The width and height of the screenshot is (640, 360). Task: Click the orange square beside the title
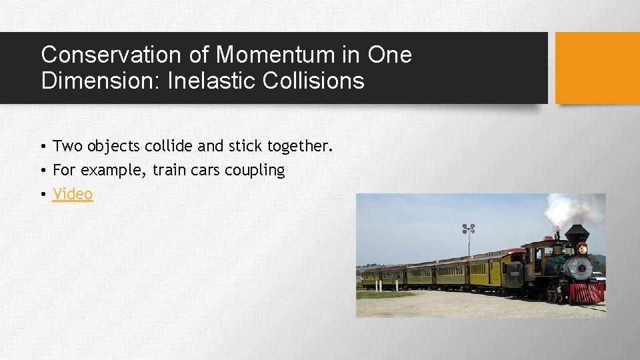(x=597, y=68)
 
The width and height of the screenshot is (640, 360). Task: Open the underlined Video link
(x=73, y=195)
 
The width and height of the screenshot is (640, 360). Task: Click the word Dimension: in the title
(x=101, y=81)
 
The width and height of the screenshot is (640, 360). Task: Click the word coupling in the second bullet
(x=255, y=171)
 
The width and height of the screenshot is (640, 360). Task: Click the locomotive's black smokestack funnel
(x=577, y=233)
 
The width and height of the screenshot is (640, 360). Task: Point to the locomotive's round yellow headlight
(x=582, y=249)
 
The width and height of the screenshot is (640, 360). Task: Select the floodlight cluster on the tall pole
(x=469, y=229)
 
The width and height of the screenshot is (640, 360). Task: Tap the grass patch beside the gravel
(x=377, y=294)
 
